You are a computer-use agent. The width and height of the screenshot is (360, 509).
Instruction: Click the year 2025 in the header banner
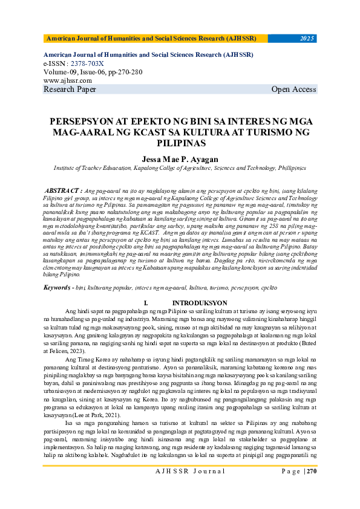(307, 39)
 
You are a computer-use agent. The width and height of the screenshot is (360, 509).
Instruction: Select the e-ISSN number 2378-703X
(87, 63)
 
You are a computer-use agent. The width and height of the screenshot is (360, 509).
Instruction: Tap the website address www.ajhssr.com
(68, 80)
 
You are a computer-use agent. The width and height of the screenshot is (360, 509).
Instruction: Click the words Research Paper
(70, 89)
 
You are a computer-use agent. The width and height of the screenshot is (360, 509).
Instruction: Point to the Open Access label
(293, 89)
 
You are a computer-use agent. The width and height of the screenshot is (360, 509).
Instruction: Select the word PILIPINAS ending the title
(180, 143)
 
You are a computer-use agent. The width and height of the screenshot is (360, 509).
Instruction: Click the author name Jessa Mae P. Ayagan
(180, 159)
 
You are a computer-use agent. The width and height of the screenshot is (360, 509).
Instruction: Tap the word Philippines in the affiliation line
(286, 170)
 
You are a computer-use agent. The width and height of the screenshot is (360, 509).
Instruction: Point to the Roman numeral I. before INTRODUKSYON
(146, 302)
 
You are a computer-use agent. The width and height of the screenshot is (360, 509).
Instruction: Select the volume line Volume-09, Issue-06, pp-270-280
(93, 71)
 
